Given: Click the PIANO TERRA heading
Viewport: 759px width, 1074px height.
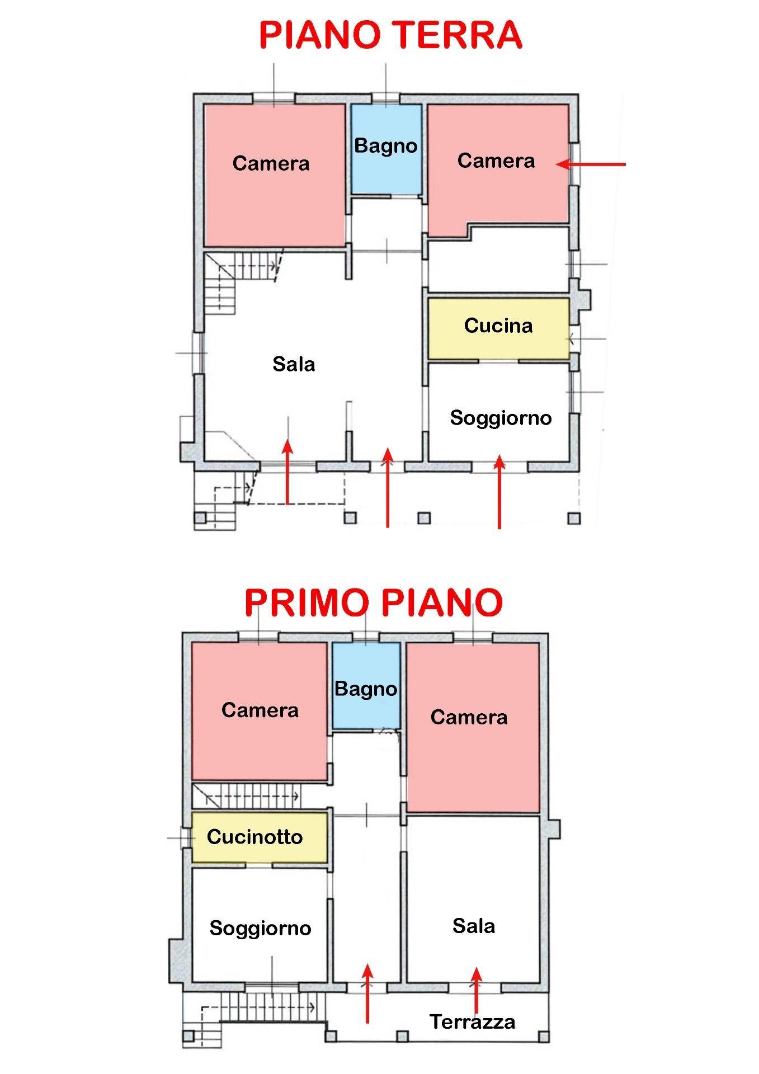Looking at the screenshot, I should click(x=390, y=35).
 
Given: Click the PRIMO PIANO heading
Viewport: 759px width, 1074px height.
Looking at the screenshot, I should click(x=373, y=602).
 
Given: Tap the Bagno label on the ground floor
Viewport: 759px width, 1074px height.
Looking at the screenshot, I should click(x=386, y=146).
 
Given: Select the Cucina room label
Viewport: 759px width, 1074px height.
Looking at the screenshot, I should click(x=498, y=326).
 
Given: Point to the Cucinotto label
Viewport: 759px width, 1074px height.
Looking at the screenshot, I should click(x=254, y=837).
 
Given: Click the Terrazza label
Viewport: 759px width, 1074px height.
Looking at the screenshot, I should click(x=472, y=1022).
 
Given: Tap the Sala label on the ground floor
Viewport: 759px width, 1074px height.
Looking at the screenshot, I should click(x=294, y=365).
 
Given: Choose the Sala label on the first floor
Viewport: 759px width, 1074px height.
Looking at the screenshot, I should click(x=473, y=926).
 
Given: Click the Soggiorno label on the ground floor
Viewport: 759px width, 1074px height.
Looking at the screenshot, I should click(x=501, y=418).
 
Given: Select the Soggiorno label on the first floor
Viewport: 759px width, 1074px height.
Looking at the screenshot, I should click(x=260, y=928).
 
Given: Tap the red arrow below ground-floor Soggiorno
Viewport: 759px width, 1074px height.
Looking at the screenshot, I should click(x=499, y=492).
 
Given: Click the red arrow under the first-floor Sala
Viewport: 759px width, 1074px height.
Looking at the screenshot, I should click(x=476, y=991).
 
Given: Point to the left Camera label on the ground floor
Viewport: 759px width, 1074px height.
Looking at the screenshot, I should click(x=271, y=163).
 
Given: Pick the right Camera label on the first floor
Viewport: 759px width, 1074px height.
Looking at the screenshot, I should click(x=469, y=717).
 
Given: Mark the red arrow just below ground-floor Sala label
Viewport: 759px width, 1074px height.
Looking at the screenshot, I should click(x=287, y=473).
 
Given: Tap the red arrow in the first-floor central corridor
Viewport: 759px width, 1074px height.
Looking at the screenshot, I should click(x=367, y=993).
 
